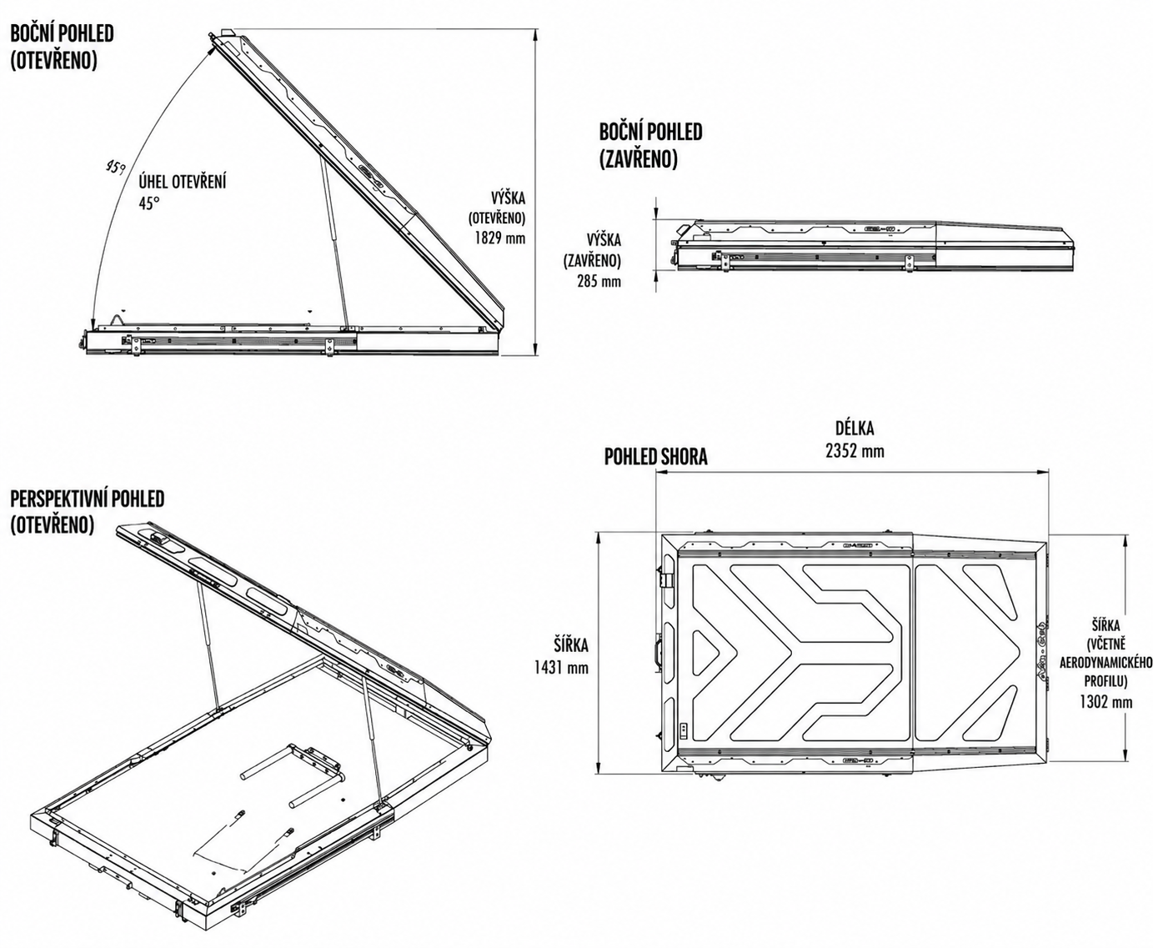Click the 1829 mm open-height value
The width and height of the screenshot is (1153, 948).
tap(499, 238)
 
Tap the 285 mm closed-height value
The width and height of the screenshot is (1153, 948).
tap(599, 282)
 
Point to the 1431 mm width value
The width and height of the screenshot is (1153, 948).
tap(561, 668)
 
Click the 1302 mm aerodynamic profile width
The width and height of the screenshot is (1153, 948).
tap(1106, 701)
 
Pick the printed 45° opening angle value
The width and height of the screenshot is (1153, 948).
tap(149, 203)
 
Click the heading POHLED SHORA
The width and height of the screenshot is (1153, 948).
tap(655, 457)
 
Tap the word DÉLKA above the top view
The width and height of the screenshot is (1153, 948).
tap(855, 428)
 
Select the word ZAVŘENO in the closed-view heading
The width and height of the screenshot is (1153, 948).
tap(639, 159)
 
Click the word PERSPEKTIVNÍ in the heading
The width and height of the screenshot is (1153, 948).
tap(59, 499)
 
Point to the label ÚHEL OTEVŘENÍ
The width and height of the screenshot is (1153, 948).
tap(183, 182)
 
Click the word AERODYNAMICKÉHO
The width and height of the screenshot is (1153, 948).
tap(1106, 663)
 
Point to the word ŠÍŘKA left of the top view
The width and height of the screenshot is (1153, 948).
tap(571, 645)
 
